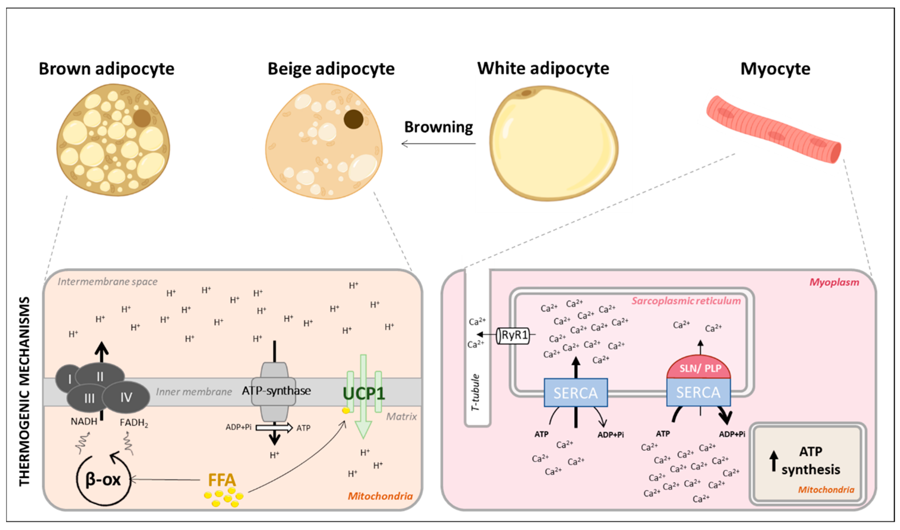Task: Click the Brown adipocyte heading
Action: click(x=106, y=69)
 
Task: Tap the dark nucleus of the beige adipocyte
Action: click(x=353, y=119)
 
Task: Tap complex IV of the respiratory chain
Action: click(x=126, y=397)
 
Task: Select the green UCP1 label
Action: click(x=364, y=394)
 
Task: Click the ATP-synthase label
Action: click(x=276, y=391)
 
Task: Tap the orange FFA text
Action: click(x=222, y=480)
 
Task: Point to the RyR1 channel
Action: click(x=514, y=335)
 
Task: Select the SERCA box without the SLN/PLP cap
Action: click(x=575, y=393)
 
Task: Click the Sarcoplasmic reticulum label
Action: click(x=686, y=301)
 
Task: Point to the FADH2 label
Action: click(x=133, y=423)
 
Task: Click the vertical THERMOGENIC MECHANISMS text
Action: click(x=24, y=391)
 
